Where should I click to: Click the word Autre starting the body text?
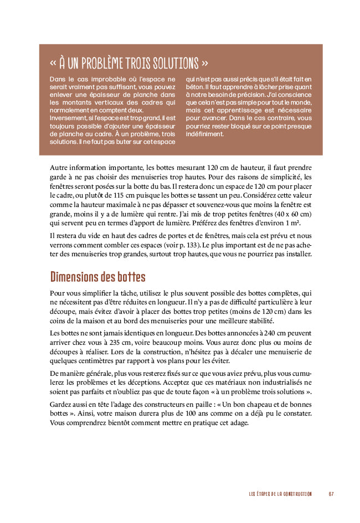click(60, 167)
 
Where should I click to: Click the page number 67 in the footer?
click(331, 494)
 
